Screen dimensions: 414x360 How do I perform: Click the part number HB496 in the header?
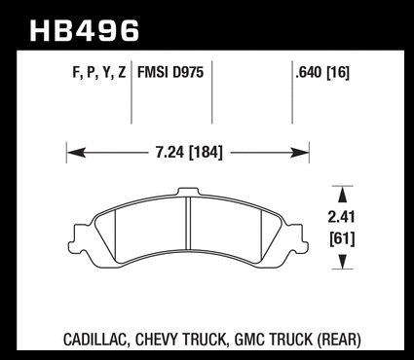click(x=85, y=31)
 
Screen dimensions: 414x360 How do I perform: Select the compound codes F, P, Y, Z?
click(x=99, y=72)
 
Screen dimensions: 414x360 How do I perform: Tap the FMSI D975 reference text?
click(x=170, y=72)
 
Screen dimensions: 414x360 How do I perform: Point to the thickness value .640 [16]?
click(x=322, y=72)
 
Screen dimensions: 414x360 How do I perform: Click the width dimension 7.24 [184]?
click(x=189, y=152)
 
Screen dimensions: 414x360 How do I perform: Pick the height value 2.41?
click(x=341, y=217)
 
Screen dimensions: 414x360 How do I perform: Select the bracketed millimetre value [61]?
click(x=342, y=239)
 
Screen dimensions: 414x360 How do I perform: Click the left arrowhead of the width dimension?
click(x=76, y=153)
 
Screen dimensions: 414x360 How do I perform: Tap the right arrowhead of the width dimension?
click(x=299, y=153)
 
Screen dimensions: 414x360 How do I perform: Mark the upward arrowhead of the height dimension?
click(x=342, y=196)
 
